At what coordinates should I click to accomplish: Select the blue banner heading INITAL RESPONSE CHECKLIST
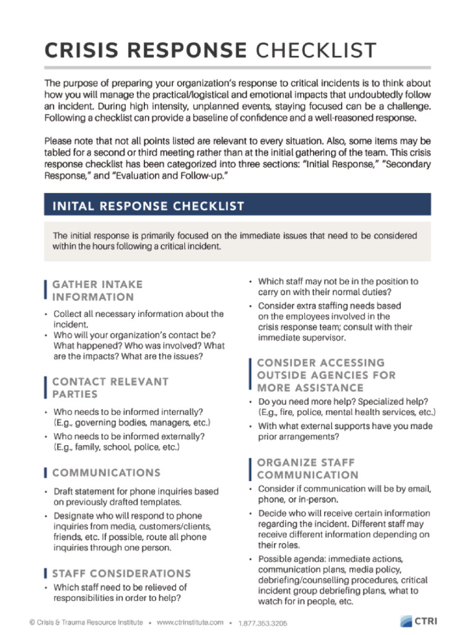149,205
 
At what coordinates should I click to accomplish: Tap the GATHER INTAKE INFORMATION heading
97,290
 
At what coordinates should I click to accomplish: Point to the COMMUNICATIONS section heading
106,473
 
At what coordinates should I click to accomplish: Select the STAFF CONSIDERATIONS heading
121,574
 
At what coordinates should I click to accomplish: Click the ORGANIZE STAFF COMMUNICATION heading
307,469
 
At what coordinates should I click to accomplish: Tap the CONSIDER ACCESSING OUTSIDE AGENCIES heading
326,375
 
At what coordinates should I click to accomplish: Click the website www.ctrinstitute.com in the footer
190,622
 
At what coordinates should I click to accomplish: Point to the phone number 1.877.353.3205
263,623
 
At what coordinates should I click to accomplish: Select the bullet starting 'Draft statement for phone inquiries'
135,497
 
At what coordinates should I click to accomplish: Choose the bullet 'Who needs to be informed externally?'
129,442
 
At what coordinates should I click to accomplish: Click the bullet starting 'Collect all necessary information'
138,319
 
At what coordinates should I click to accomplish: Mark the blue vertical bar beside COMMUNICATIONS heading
46,473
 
